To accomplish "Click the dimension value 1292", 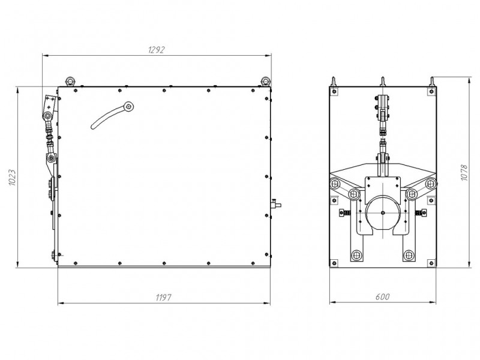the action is click(x=156, y=49).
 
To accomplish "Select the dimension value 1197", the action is click(x=163, y=297).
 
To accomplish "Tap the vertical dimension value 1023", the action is click(x=12, y=178).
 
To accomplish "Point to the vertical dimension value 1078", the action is click(x=464, y=173).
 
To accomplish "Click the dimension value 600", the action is click(x=383, y=296).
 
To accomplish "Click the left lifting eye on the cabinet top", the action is click(x=70, y=81).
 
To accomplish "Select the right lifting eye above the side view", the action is click(x=265, y=81).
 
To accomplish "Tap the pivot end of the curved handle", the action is click(x=129, y=106).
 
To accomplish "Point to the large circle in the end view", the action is click(x=383, y=213).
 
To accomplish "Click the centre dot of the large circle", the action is click(x=383, y=213).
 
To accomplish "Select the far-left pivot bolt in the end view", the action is click(x=335, y=184).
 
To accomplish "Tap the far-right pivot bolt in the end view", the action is click(x=431, y=184).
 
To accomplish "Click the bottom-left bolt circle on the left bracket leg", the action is click(x=356, y=254).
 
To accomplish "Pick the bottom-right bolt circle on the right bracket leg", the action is click(x=409, y=254).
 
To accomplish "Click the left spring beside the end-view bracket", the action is click(x=344, y=213).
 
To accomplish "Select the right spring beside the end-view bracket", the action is click(x=421, y=212).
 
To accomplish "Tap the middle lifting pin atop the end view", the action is click(x=383, y=82).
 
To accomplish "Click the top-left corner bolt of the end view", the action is click(x=334, y=91).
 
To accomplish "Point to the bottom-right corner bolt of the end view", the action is click(x=431, y=262).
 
